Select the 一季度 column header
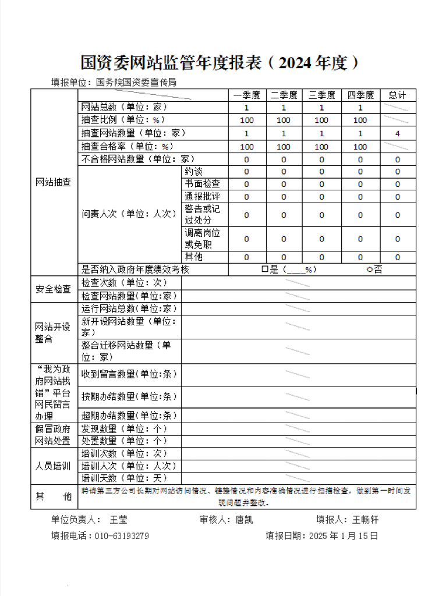pos(246,95)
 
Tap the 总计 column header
pos(397,95)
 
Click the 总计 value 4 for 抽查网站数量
pos(397,133)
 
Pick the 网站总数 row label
pos(124,107)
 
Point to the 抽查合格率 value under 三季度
pos(321,147)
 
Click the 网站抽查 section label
pos(53,182)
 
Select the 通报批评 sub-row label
pos(202,196)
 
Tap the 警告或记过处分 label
pos(202,214)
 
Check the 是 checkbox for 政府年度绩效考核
pos(264,269)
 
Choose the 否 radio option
pos(369,269)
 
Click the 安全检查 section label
pos(53,289)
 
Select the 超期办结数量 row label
pos(129,416)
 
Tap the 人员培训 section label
pos(53,466)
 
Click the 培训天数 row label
pos(124,478)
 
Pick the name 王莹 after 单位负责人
pos(118,520)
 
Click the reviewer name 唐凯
pos(243,520)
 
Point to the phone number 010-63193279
pos(121,535)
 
